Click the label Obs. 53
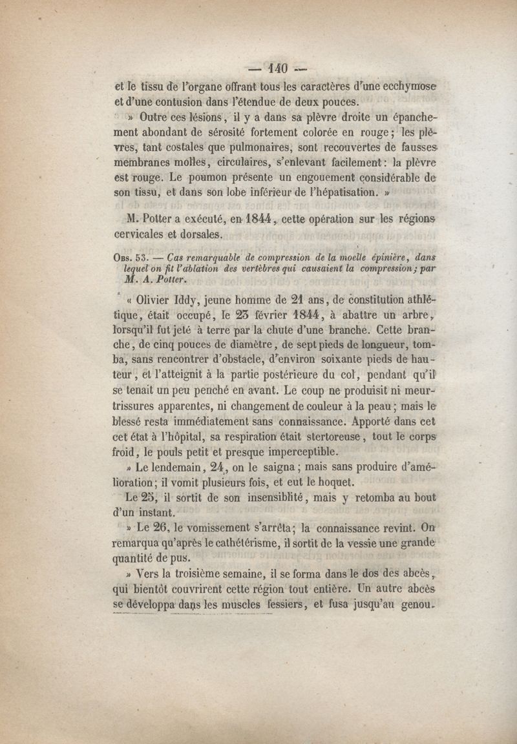click(x=129, y=257)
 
